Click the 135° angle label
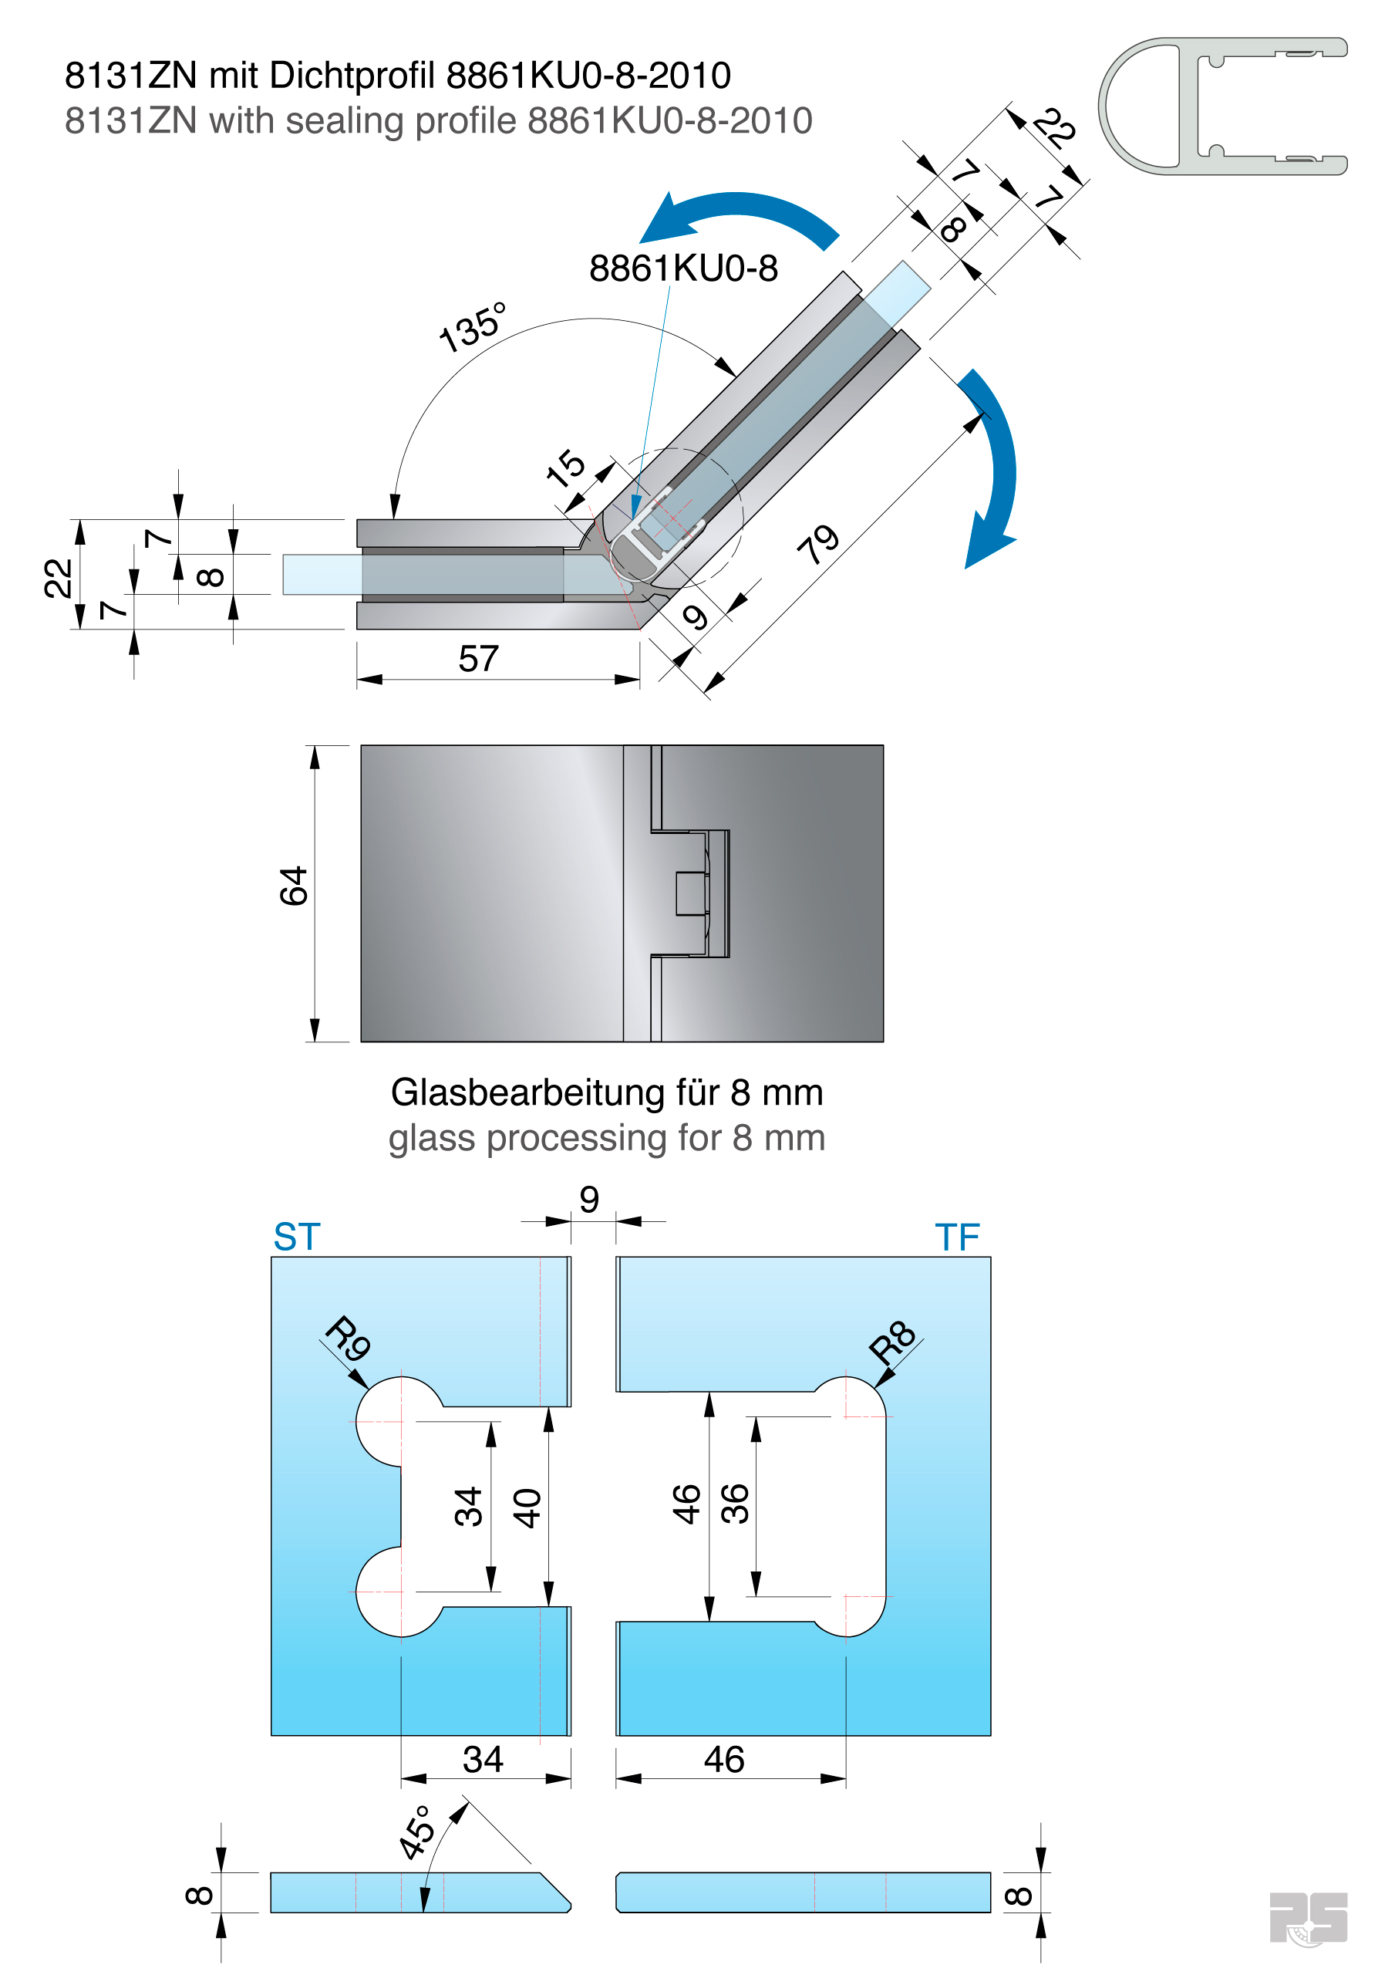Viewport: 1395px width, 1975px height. tap(471, 327)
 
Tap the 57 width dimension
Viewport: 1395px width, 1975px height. tap(478, 659)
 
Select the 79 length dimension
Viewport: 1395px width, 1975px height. tap(818, 545)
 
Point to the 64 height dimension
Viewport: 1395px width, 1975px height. tap(294, 886)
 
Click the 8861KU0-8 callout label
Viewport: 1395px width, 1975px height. tap(683, 268)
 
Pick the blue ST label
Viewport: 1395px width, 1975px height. tap(297, 1237)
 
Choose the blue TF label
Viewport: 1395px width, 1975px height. tap(956, 1237)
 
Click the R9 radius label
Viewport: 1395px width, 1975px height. tap(349, 1339)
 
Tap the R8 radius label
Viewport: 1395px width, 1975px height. tap(892, 1341)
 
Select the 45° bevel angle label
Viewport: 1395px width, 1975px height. tap(418, 1832)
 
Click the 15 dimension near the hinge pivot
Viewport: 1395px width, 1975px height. tap(566, 469)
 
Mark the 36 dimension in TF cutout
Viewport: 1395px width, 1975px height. tap(736, 1504)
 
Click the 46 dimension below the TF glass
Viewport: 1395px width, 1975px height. tap(723, 1759)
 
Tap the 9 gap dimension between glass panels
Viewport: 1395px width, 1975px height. tap(589, 1199)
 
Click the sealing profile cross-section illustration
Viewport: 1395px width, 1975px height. tap(1221, 106)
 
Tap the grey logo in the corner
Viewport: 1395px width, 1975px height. tap(1307, 1916)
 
